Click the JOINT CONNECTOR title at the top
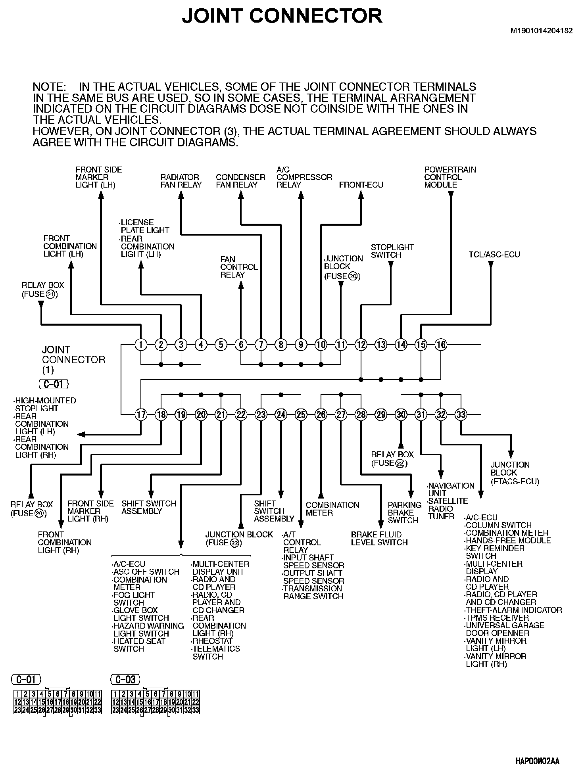(282, 16)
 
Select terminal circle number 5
(221, 345)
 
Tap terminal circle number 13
(381, 345)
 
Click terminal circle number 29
(381, 415)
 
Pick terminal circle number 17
(141, 415)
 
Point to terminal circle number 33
(461, 415)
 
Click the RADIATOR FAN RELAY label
(181, 181)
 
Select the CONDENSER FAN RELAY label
(240, 181)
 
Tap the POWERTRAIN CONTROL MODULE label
(450, 177)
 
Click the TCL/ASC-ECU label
(494, 255)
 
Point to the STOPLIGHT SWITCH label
(392, 251)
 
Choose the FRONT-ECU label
(361, 185)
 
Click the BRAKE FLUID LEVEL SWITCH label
(379, 539)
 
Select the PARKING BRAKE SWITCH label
(404, 512)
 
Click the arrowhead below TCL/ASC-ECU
(491, 264)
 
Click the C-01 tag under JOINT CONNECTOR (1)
(54, 384)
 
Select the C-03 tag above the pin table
(126, 679)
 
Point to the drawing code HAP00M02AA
(537, 761)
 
